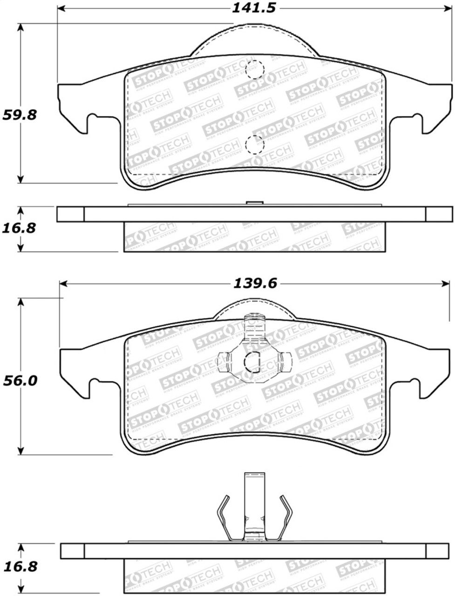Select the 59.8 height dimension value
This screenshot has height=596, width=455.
[x=20, y=115]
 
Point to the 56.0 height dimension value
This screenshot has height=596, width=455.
[x=20, y=380]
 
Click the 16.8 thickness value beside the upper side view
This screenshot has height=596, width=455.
[x=20, y=228]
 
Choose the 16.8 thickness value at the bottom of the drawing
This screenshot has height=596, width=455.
[x=20, y=567]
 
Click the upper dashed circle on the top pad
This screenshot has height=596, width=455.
[x=254, y=69]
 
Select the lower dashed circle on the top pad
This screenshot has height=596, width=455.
[x=254, y=145]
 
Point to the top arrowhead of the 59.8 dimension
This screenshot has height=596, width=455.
[x=20, y=26]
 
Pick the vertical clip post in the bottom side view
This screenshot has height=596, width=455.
[x=254, y=503]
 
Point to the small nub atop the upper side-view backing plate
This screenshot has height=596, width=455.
[x=254, y=203]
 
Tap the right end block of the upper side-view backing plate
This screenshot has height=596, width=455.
[x=439, y=214]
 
